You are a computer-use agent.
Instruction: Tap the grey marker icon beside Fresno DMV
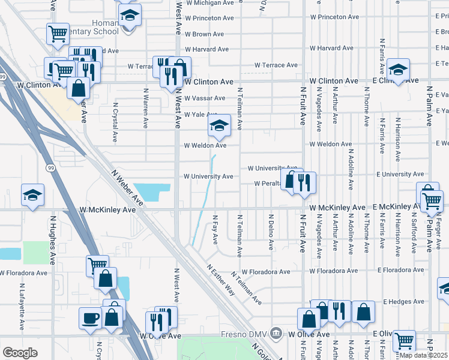(276, 332)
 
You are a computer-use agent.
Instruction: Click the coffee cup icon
(91, 317)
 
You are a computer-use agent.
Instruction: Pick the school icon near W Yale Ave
(219, 125)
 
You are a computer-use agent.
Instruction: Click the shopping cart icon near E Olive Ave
(405, 341)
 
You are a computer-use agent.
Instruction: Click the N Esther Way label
(221, 280)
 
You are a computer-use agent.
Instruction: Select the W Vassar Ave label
(204, 98)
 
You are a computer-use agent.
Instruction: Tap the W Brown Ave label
(204, 35)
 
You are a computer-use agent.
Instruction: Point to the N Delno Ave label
(271, 232)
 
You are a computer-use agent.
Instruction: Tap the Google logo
(20, 353)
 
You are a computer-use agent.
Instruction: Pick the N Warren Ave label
(146, 109)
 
